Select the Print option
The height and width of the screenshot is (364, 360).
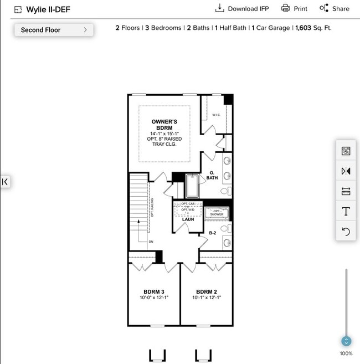click(294, 8)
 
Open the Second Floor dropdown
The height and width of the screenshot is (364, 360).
click(54, 30)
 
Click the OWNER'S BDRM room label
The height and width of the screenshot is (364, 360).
click(164, 125)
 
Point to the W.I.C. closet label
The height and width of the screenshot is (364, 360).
click(216, 115)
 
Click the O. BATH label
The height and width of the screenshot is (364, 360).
click(212, 175)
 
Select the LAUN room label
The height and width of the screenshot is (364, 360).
click(188, 219)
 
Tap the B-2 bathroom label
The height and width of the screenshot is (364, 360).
click(213, 233)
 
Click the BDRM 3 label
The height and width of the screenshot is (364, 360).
click(153, 291)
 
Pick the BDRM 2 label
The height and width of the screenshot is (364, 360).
click(206, 291)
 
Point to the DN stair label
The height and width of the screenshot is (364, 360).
click(151, 242)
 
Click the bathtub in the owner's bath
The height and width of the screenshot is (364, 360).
click(192, 186)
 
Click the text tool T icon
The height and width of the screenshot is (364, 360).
click(346, 211)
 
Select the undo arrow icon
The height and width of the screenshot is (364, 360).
click(346, 232)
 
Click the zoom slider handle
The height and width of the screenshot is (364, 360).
click(346, 341)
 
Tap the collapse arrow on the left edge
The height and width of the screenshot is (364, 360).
click(4, 182)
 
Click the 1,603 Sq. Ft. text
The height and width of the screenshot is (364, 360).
click(313, 28)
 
